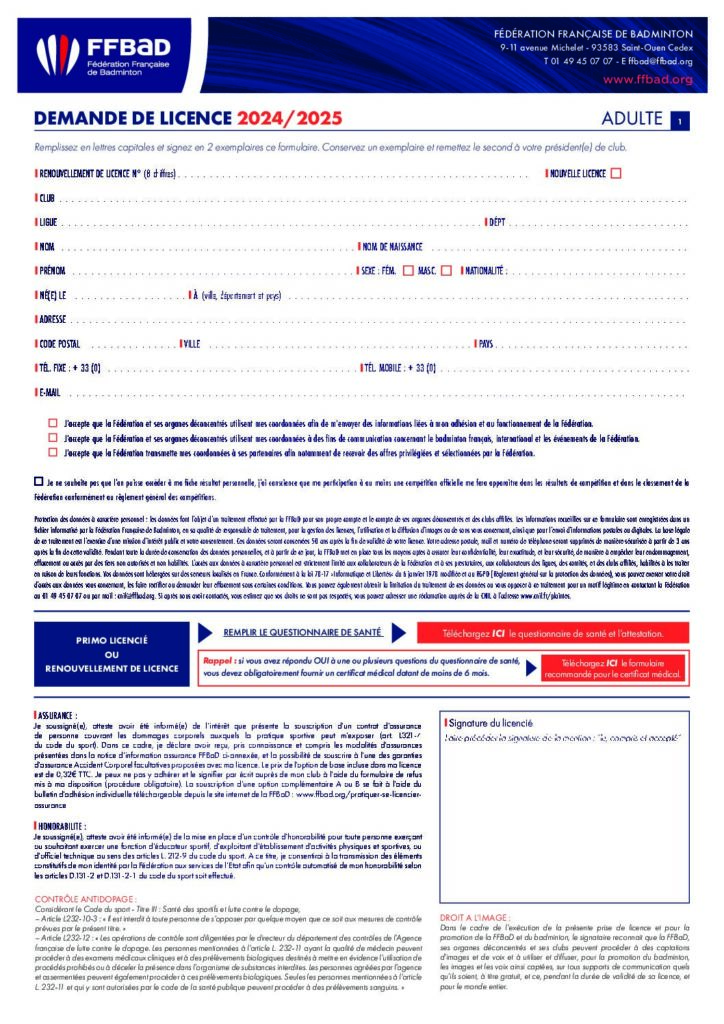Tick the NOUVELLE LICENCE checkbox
point(616,173)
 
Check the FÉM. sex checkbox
point(408,270)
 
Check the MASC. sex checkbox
point(446,270)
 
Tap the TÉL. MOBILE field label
point(400,368)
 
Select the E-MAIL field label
point(51,392)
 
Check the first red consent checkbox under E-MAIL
point(53,424)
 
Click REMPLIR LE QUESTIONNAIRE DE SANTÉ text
point(302,632)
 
